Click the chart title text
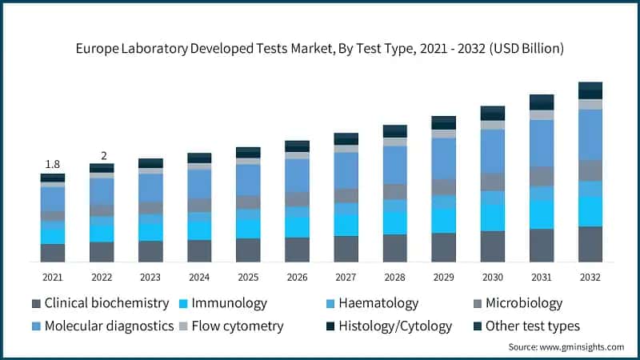coord(320,49)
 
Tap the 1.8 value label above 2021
coord(53,164)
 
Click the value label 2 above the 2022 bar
coord(102,155)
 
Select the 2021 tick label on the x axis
coord(53,277)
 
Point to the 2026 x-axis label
coord(297,277)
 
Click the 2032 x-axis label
coord(590,277)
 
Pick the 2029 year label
coord(443,277)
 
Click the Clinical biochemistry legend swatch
coord(36,304)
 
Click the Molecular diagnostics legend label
coord(109,326)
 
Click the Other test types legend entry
coord(533,326)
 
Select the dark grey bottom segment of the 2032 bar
coord(590,244)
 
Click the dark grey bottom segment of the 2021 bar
coord(53,253)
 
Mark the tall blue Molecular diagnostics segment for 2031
coord(542,143)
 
